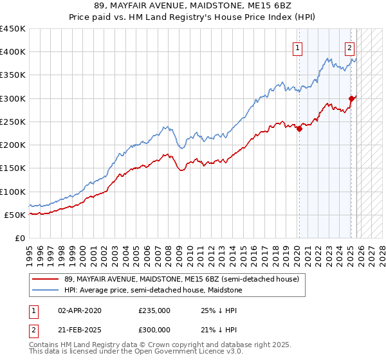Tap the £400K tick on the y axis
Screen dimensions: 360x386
point(13,52)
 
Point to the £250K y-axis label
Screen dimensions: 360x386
point(13,122)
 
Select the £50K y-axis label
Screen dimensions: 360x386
point(15,215)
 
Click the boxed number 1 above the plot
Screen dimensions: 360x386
point(298,47)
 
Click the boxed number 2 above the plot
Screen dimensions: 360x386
point(349,47)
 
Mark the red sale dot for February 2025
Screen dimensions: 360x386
point(351,98)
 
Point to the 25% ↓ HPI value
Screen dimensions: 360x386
point(221,310)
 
